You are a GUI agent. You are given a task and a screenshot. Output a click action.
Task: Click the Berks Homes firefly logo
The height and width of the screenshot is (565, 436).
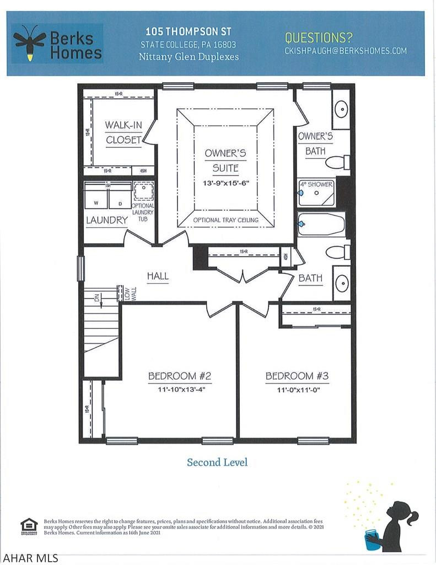(29, 42)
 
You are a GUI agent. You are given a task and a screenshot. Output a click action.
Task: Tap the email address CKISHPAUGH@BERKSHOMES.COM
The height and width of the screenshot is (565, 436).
(346, 51)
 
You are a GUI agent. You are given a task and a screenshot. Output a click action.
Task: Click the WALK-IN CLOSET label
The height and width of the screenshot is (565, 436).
(123, 132)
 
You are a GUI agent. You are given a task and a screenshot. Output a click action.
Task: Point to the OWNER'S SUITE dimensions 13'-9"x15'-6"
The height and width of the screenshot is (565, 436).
(225, 183)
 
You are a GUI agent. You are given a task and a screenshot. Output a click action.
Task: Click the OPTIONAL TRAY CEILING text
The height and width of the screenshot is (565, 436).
(225, 220)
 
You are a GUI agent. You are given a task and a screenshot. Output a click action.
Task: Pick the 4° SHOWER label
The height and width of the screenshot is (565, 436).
(316, 184)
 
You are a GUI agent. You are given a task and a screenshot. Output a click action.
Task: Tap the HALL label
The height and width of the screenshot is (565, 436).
(157, 276)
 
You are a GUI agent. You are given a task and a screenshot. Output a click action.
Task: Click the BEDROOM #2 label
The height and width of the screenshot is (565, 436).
(180, 376)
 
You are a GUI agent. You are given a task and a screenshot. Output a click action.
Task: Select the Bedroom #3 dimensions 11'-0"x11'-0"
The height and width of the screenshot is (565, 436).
(297, 390)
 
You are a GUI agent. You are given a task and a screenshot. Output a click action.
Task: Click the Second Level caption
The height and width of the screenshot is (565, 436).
(217, 462)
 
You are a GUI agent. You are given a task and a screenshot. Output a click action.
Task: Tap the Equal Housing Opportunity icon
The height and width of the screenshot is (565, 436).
(28, 526)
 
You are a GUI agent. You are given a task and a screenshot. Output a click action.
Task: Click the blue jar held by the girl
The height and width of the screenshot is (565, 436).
(373, 540)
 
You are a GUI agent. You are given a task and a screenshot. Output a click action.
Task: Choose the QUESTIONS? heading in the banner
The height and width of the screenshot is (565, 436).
(319, 38)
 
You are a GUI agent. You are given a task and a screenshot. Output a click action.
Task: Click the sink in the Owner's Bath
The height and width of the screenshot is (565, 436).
(341, 108)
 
